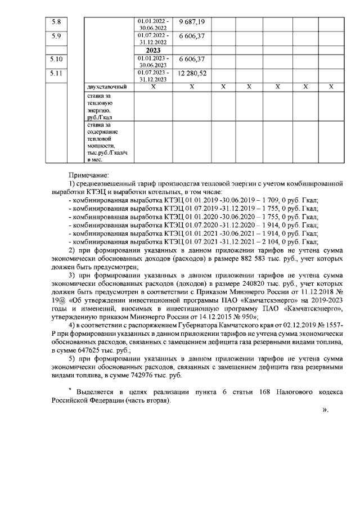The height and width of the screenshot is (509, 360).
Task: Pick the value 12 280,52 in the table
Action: (x=191, y=73)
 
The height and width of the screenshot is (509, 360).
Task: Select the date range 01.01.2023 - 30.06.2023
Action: (x=152, y=61)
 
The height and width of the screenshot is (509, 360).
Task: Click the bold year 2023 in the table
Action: (x=153, y=50)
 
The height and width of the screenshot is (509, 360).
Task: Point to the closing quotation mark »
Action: (x=325, y=410)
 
